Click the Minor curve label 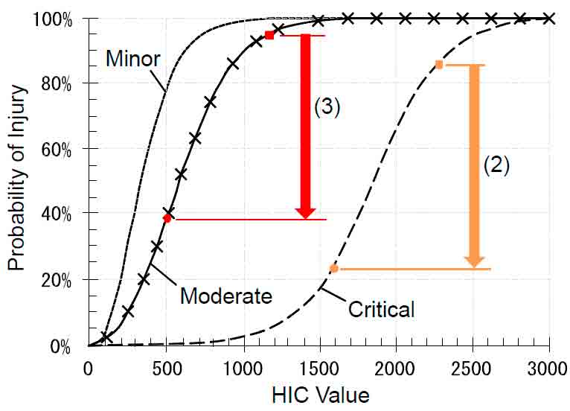click(132, 58)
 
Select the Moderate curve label click(226, 296)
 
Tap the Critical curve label click(381, 308)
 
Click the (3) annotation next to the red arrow click(326, 106)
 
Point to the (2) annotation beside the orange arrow click(496, 165)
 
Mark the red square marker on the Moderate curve click(269, 35)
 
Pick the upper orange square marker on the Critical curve click(439, 65)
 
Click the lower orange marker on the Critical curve click(334, 268)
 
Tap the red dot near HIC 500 click(167, 218)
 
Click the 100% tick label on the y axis click(52, 18)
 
